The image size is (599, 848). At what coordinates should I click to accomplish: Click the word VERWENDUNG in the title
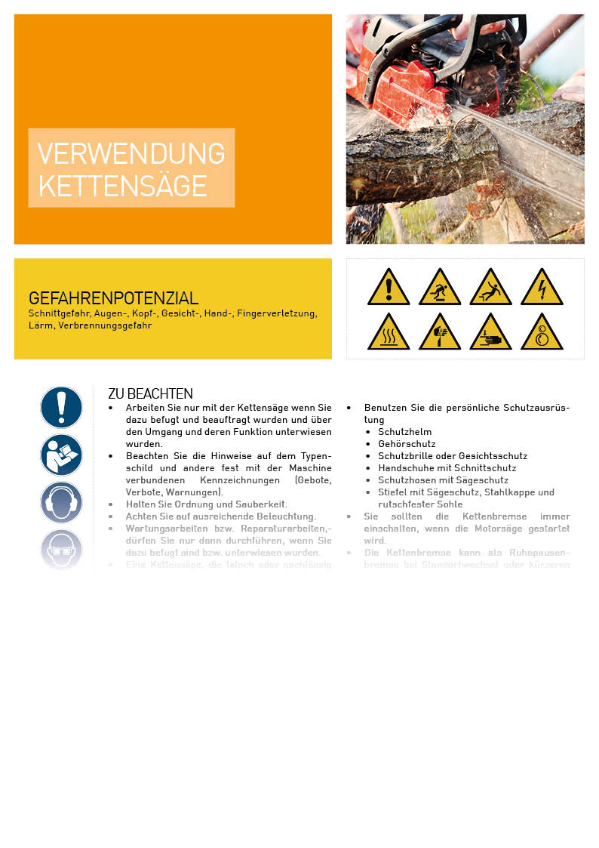(x=131, y=153)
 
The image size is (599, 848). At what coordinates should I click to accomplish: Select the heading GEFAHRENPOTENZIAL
(x=113, y=298)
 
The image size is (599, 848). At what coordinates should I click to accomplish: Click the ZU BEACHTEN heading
(x=150, y=393)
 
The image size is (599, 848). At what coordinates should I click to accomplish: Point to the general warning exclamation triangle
(x=389, y=288)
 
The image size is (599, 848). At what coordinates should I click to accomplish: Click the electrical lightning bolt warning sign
(x=541, y=288)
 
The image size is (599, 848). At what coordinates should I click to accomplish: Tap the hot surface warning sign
(x=389, y=334)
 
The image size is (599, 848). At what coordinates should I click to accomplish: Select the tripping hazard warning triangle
(x=440, y=288)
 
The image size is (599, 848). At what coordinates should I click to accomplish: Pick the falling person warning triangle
(x=490, y=288)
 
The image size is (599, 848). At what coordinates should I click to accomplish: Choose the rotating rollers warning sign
(x=541, y=334)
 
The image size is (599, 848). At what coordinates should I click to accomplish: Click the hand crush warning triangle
(x=490, y=334)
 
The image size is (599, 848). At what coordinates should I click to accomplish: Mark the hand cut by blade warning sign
(x=440, y=334)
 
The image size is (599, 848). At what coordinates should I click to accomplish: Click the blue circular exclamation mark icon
(x=61, y=407)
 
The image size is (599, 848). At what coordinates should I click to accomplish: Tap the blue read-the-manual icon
(x=61, y=455)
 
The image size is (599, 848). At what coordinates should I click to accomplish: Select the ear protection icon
(x=61, y=502)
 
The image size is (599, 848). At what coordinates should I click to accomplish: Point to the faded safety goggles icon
(x=61, y=549)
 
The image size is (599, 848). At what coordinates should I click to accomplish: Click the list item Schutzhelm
(x=404, y=432)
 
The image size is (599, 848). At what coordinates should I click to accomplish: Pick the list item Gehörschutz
(x=407, y=444)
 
